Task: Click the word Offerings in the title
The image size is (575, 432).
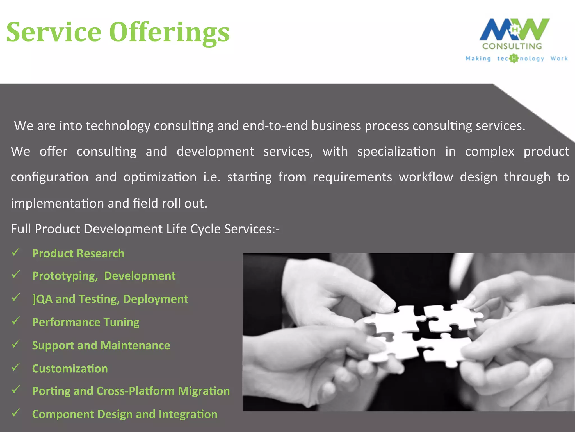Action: point(169,33)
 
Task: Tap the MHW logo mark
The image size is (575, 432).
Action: point(514,29)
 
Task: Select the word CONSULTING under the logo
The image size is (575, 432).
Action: point(512,46)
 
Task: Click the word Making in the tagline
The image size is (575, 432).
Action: point(478,58)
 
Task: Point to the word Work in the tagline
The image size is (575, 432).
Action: point(559,58)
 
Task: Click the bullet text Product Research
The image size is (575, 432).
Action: point(78,253)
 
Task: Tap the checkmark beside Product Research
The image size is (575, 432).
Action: point(16,252)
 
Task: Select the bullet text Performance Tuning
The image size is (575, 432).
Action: point(86,322)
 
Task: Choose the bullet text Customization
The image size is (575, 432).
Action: point(70,369)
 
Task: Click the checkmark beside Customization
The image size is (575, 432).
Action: point(16,367)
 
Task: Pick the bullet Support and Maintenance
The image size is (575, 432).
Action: point(101,345)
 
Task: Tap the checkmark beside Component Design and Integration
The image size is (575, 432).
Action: point(16,413)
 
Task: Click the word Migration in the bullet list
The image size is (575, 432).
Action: point(204,391)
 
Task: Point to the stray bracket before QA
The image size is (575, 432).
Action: point(34,299)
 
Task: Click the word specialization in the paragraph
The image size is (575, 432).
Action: point(396,152)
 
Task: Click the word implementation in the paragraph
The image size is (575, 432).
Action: point(57,203)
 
